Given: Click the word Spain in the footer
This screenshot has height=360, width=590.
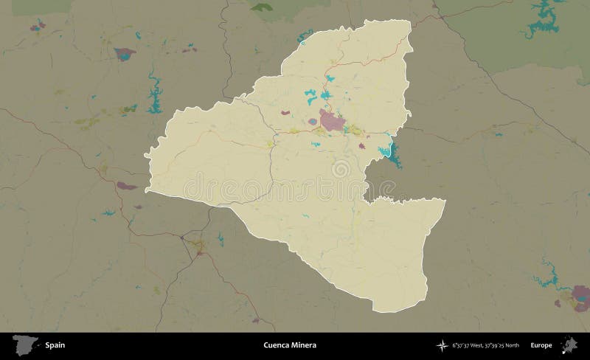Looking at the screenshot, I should [x=54, y=345].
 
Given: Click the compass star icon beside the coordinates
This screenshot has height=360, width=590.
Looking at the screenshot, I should [x=442, y=345].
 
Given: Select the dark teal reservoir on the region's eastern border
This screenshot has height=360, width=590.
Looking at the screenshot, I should [x=388, y=151].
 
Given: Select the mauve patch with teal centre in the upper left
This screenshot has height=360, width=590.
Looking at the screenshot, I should [x=125, y=54].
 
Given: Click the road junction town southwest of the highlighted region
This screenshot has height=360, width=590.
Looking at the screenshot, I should [x=196, y=243].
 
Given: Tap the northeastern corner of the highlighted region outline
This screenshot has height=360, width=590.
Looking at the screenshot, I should [x=410, y=20].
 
